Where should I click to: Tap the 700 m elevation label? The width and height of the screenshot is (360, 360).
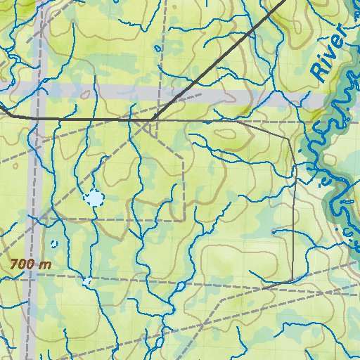coord(31,265)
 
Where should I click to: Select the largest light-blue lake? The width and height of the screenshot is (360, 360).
coord(94,198)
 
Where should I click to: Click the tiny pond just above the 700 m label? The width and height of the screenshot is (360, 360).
coord(54,244)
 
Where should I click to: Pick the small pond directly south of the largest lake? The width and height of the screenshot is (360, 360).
coord(87,281)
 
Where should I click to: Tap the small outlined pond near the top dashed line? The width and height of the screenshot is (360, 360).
coord(157,49)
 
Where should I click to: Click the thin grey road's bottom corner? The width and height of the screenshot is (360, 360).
coord(291,281)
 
